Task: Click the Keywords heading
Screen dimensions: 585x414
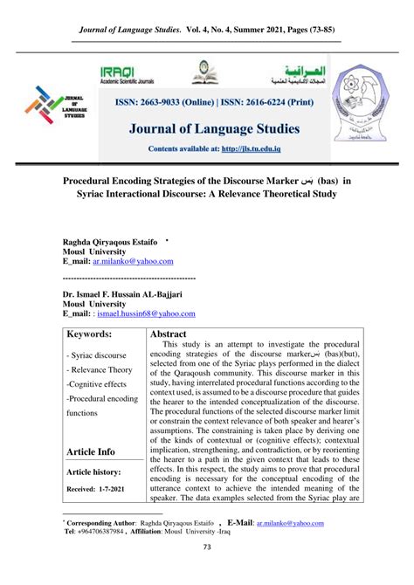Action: click(x=90, y=334)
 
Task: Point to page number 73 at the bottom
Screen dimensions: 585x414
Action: click(x=207, y=547)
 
